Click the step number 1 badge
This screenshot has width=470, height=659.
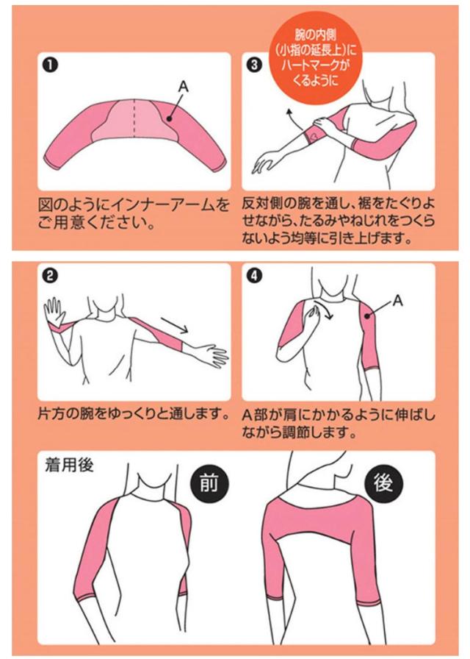(50, 65)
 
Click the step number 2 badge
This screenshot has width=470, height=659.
(50, 276)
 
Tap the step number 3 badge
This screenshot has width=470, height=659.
(254, 65)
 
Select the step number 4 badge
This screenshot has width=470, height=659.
(254, 276)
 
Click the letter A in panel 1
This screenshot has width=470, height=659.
(184, 86)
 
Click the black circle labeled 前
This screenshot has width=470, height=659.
(209, 484)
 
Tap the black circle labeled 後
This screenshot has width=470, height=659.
(383, 484)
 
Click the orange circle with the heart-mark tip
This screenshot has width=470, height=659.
(315, 57)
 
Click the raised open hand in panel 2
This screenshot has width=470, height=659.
(54, 310)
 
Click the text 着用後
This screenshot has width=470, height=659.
(69, 466)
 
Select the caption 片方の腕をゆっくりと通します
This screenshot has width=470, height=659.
(134, 414)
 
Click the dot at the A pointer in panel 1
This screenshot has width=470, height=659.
(168, 119)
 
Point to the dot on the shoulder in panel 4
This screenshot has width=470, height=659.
(367, 316)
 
